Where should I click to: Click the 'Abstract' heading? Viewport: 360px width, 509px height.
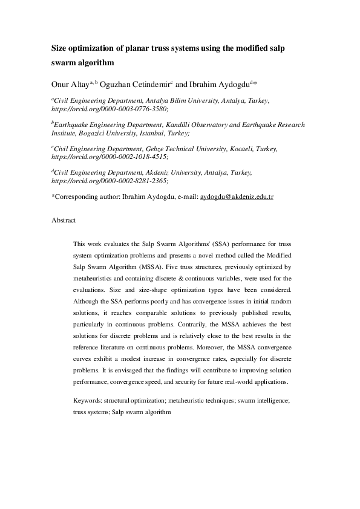point(64,221)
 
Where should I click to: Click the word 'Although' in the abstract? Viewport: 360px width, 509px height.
point(86,301)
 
